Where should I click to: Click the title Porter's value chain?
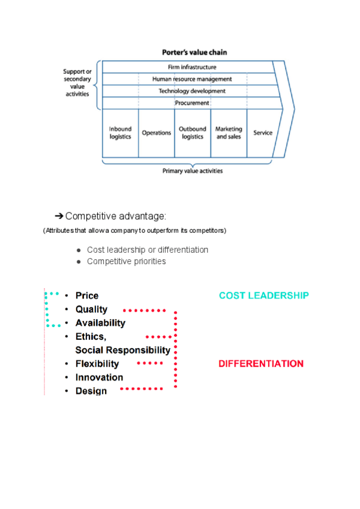pyautogui.click(x=194, y=52)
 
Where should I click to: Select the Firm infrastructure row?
pyautogui.click(x=192, y=67)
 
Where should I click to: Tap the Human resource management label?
pyautogui.click(x=192, y=79)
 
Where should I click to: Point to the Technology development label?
pyautogui.click(x=192, y=91)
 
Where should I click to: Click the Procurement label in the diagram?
pyautogui.click(x=192, y=103)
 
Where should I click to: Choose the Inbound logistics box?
pyautogui.click(x=121, y=133)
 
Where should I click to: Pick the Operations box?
pyautogui.click(x=157, y=133)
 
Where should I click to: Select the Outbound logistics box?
pyautogui.click(x=193, y=133)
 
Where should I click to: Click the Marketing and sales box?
pyautogui.click(x=229, y=133)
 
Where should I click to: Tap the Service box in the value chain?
pyautogui.click(x=263, y=133)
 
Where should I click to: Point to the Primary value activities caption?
pyautogui.click(x=193, y=171)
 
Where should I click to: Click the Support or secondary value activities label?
pyautogui.click(x=77, y=83)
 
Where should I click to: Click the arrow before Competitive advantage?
pyautogui.click(x=59, y=216)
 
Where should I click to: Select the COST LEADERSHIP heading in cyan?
pyautogui.click(x=264, y=295)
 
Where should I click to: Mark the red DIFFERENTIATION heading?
pyautogui.click(x=261, y=364)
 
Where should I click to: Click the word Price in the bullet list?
pyautogui.click(x=87, y=295)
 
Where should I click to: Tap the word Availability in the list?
pyautogui.click(x=100, y=323)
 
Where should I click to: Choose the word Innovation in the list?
pyautogui.click(x=99, y=378)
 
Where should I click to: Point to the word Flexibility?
pyautogui.click(x=97, y=364)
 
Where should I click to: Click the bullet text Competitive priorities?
pyautogui.click(x=126, y=261)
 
